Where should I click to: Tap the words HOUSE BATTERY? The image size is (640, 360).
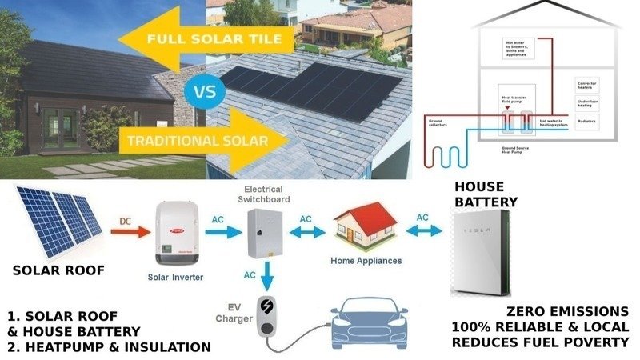486,194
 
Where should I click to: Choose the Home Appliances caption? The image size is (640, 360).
366,261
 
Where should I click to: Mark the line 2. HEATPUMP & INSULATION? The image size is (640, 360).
108,347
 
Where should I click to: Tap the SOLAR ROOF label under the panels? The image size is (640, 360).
58,270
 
